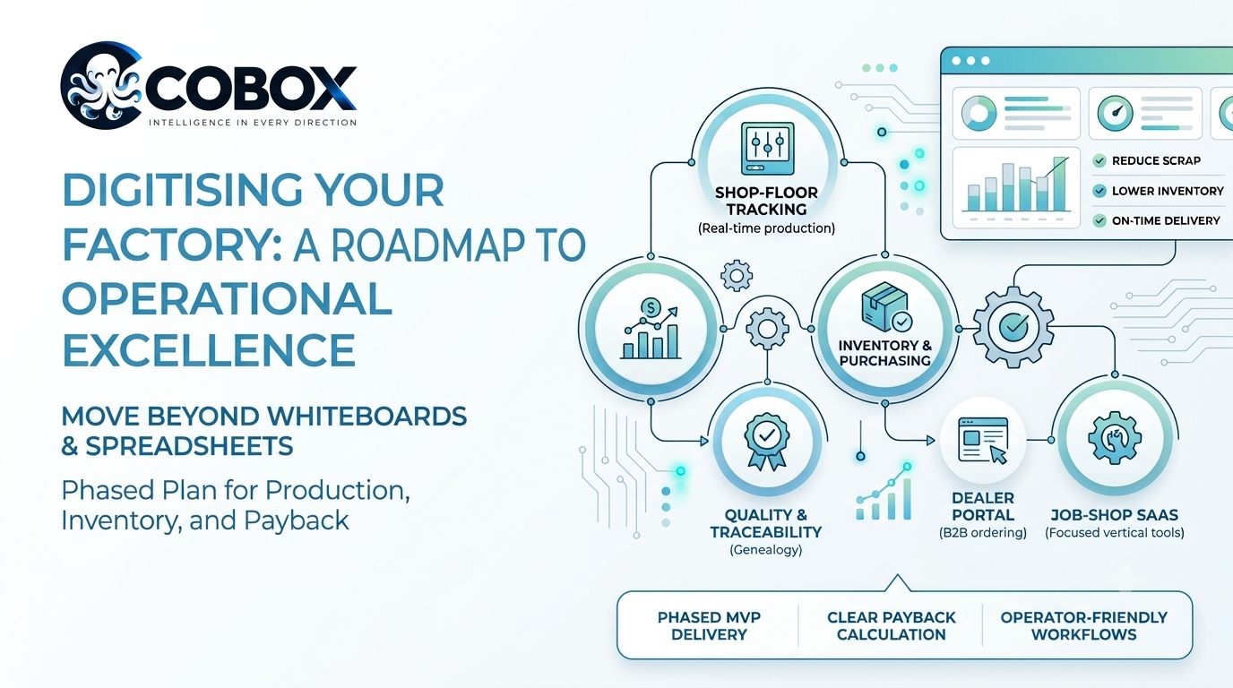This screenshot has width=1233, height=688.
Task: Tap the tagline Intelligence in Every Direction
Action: click(x=253, y=122)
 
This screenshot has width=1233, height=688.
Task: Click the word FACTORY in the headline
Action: click(x=172, y=245)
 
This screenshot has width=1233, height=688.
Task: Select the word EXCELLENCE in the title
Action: click(x=209, y=349)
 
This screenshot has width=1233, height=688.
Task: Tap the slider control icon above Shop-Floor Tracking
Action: click(x=767, y=148)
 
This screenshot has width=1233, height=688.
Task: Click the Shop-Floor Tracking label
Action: click(x=766, y=201)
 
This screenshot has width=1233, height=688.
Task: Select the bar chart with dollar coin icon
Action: click(x=651, y=329)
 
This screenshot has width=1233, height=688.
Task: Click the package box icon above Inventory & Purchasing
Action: click(x=885, y=306)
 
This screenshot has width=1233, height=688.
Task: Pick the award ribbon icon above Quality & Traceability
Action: click(x=767, y=442)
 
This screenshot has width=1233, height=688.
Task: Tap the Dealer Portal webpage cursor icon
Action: click(x=983, y=441)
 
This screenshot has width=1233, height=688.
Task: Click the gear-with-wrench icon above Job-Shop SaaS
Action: click(x=1115, y=439)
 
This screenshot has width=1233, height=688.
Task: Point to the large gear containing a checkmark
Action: click(x=1013, y=327)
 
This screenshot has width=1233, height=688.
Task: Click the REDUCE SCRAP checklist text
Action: click(x=1156, y=160)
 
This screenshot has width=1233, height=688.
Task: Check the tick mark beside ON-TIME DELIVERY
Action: click(x=1099, y=220)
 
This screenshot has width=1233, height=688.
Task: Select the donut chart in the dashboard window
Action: click(x=979, y=114)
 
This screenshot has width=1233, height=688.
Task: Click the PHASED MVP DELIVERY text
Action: click(x=709, y=626)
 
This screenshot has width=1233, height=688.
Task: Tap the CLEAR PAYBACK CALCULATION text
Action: click(x=892, y=626)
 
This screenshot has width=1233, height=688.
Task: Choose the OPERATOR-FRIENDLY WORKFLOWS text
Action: click(x=1084, y=626)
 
